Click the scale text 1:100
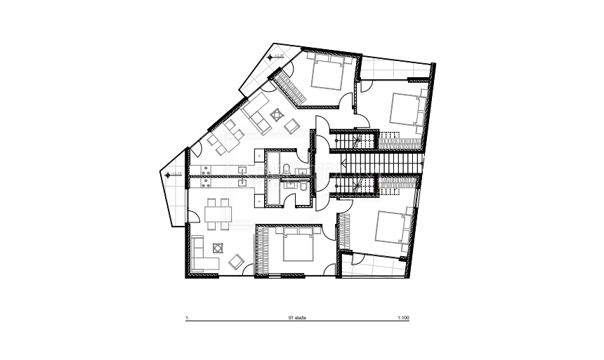click(403, 318)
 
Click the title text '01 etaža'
click(298, 318)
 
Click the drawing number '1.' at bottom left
click(188, 318)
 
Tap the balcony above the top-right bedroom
click(395, 69)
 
